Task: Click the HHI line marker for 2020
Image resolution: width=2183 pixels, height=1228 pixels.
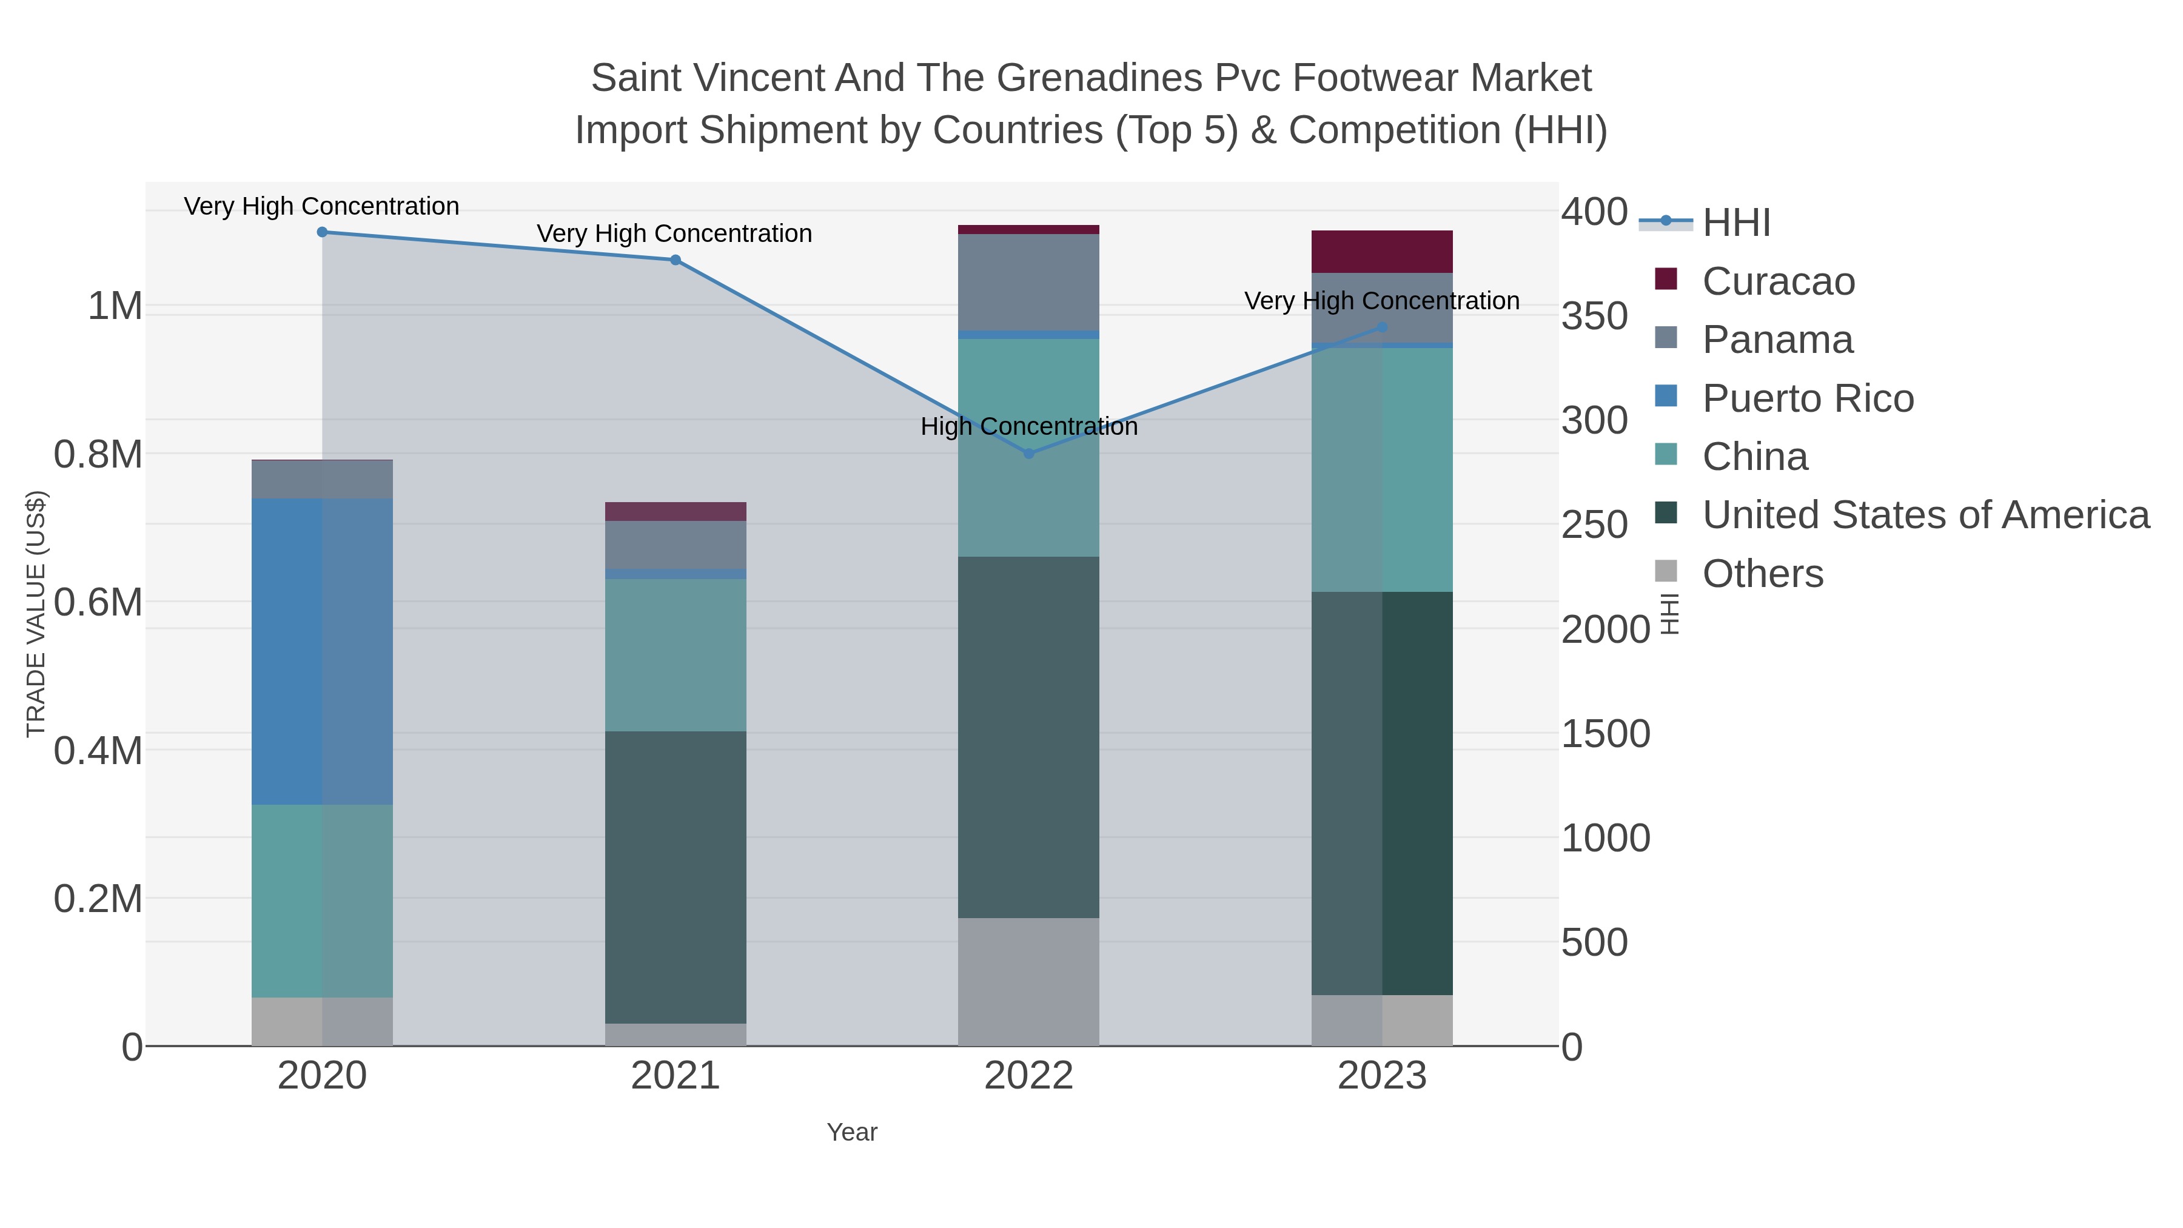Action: tap(322, 232)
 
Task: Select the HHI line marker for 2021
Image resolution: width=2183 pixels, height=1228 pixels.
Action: tap(676, 260)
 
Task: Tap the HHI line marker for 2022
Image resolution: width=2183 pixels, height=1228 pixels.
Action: tap(1029, 454)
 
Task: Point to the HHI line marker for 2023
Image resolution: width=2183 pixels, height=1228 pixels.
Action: tap(1382, 327)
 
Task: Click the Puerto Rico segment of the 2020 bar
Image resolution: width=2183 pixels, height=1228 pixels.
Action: tap(322, 651)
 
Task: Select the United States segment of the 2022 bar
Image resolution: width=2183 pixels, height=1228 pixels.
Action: tap(1029, 737)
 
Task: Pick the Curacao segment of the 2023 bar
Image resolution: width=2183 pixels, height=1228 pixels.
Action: tap(1382, 252)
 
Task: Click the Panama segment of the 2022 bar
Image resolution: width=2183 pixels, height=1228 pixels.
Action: tap(1029, 282)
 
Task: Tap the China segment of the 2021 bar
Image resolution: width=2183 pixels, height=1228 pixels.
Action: tap(676, 655)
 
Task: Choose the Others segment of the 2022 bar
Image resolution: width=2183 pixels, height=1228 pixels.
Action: tap(1029, 981)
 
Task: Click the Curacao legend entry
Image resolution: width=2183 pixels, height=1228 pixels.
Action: tap(1778, 281)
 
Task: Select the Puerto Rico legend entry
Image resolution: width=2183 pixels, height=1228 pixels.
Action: tap(1808, 398)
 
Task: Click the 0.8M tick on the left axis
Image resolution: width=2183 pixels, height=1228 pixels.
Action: tap(98, 455)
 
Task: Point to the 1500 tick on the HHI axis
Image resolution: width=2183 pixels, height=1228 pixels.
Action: tap(1605, 734)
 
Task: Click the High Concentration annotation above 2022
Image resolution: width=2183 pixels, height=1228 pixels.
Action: tap(1029, 426)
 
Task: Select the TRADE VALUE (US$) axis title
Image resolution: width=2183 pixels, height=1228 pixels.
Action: tap(36, 614)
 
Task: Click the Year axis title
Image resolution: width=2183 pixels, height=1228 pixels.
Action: tap(852, 1132)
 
